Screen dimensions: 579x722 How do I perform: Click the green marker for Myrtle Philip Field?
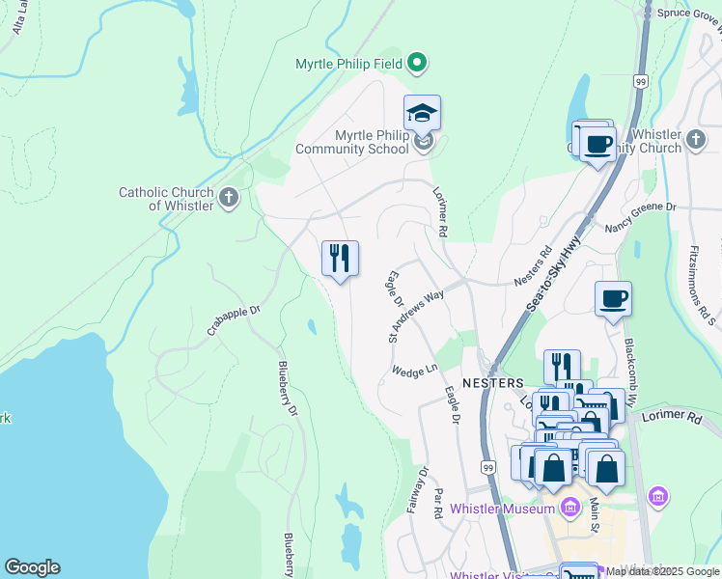(417, 65)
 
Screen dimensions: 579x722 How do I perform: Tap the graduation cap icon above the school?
(422, 114)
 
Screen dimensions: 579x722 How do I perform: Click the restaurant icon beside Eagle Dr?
(340, 258)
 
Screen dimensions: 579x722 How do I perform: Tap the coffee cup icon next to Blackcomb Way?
(613, 299)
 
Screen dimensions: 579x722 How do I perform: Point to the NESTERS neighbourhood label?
(492, 382)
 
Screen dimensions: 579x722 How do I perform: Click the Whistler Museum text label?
(502, 509)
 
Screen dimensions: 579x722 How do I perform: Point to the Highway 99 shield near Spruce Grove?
(640, 83)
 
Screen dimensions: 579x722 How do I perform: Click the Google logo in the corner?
(32, 567)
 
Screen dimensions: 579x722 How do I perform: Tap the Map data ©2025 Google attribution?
(662, 572)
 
